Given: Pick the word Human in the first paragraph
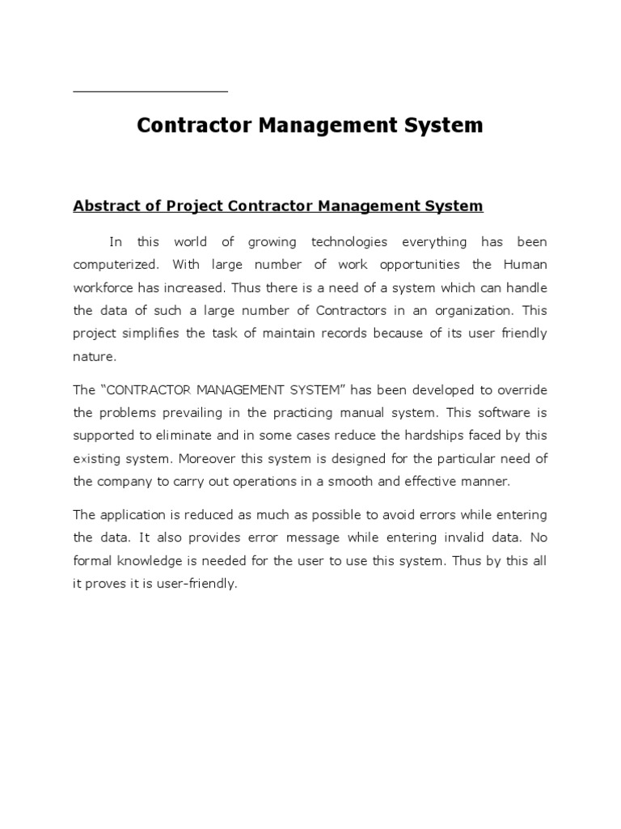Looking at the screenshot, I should tap(525, 265).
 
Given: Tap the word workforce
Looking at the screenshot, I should tap(103, 287).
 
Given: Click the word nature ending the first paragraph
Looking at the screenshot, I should tap(94, 355).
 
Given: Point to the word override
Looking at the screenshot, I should tap(518, 390).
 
